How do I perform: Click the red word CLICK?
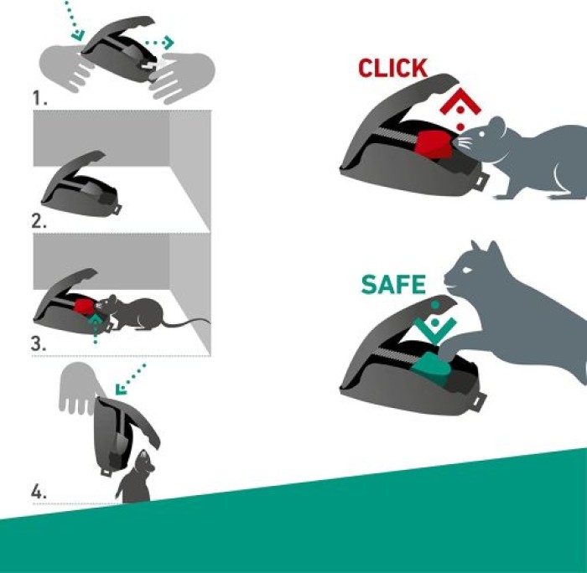click(392, 68)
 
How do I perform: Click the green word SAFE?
click(393, 284)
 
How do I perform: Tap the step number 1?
click(39, 98)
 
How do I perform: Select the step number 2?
click(39, 221)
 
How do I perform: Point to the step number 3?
click(39, 343)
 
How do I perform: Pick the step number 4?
click(39, 492)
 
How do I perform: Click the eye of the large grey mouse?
click(482, 133)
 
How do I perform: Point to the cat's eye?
click(466, 270)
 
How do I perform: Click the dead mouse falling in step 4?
click(135, 478)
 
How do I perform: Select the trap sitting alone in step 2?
click(81, 184)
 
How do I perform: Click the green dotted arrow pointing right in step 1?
click(160, 43)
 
